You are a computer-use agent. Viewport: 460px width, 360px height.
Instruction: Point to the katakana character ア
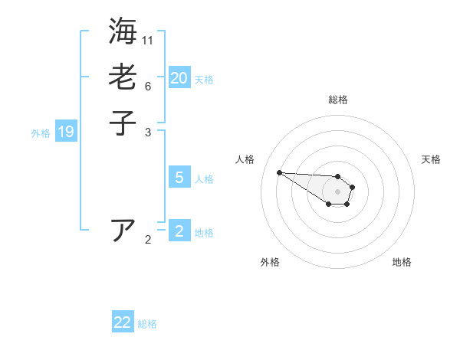[123, 230]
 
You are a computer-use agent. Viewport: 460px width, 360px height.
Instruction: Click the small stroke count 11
[148, 40]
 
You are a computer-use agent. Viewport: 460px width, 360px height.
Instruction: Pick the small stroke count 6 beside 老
[147, 86]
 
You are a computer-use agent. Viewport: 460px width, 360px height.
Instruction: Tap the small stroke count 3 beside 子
[147, 132]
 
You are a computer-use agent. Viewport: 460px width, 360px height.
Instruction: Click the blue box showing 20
[179, 78]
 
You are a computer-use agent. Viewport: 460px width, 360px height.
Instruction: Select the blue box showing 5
[179, 178]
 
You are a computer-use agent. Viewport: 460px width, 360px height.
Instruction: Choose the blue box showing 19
[66, 132]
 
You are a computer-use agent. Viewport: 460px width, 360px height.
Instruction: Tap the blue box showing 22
[123, 322]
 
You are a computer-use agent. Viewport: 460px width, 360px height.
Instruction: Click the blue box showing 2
[179, 231]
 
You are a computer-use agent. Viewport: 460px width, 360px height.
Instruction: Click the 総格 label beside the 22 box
[147, 324]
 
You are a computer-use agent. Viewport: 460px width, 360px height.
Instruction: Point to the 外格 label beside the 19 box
[41, 133]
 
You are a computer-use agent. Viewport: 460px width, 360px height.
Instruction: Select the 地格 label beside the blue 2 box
[204, 233]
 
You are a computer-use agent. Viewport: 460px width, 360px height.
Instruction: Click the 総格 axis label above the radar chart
[338, 100]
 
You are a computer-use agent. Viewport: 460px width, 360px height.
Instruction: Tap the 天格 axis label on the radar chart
[431, 159]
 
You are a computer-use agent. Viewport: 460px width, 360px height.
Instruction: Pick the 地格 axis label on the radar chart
[402, 263]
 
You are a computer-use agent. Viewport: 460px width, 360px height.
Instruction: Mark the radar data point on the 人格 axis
[279, 172]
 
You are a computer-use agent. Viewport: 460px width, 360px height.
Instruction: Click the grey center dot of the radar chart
[337, 191]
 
